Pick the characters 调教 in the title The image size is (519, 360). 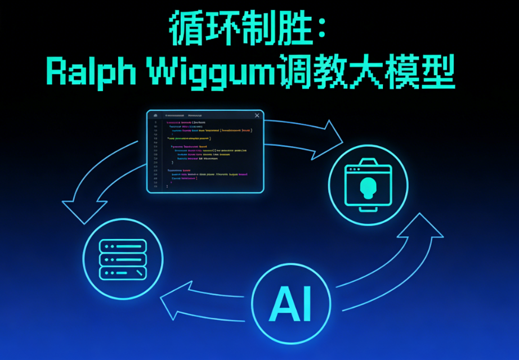click(x=315, y=73)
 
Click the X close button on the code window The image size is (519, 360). click(x=257, y=115)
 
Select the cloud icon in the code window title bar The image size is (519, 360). click(x=155, y=115)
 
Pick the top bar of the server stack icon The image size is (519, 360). click(x=122, y=246)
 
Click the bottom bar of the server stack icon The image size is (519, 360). click(x=122, y=273)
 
